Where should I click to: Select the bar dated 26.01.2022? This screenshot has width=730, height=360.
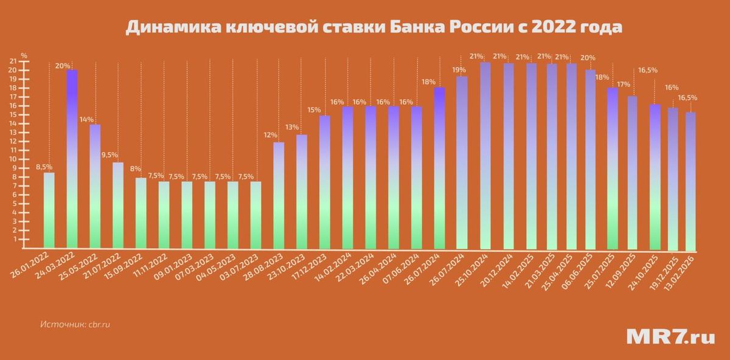click(x=49, y=210)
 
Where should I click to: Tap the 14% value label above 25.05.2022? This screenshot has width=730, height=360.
click(x=86, y=120)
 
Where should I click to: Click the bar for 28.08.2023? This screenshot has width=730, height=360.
click(x=279, y=195)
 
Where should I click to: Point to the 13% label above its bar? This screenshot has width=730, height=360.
click(x=292, y=127)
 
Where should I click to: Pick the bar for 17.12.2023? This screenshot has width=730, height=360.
click(x=325, y=182)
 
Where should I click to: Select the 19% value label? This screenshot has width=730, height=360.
click(x=459, y=70)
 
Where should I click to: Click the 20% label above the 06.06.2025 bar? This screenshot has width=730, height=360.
click(x=588, y=58)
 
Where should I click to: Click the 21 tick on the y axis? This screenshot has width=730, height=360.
click(x=13, y=61)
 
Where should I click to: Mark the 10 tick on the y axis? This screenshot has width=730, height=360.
click(x=13, y=159)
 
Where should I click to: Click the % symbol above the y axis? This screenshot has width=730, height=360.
click(x=24, y=55)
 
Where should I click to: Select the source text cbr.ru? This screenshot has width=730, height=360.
click(x=99, y=324)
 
